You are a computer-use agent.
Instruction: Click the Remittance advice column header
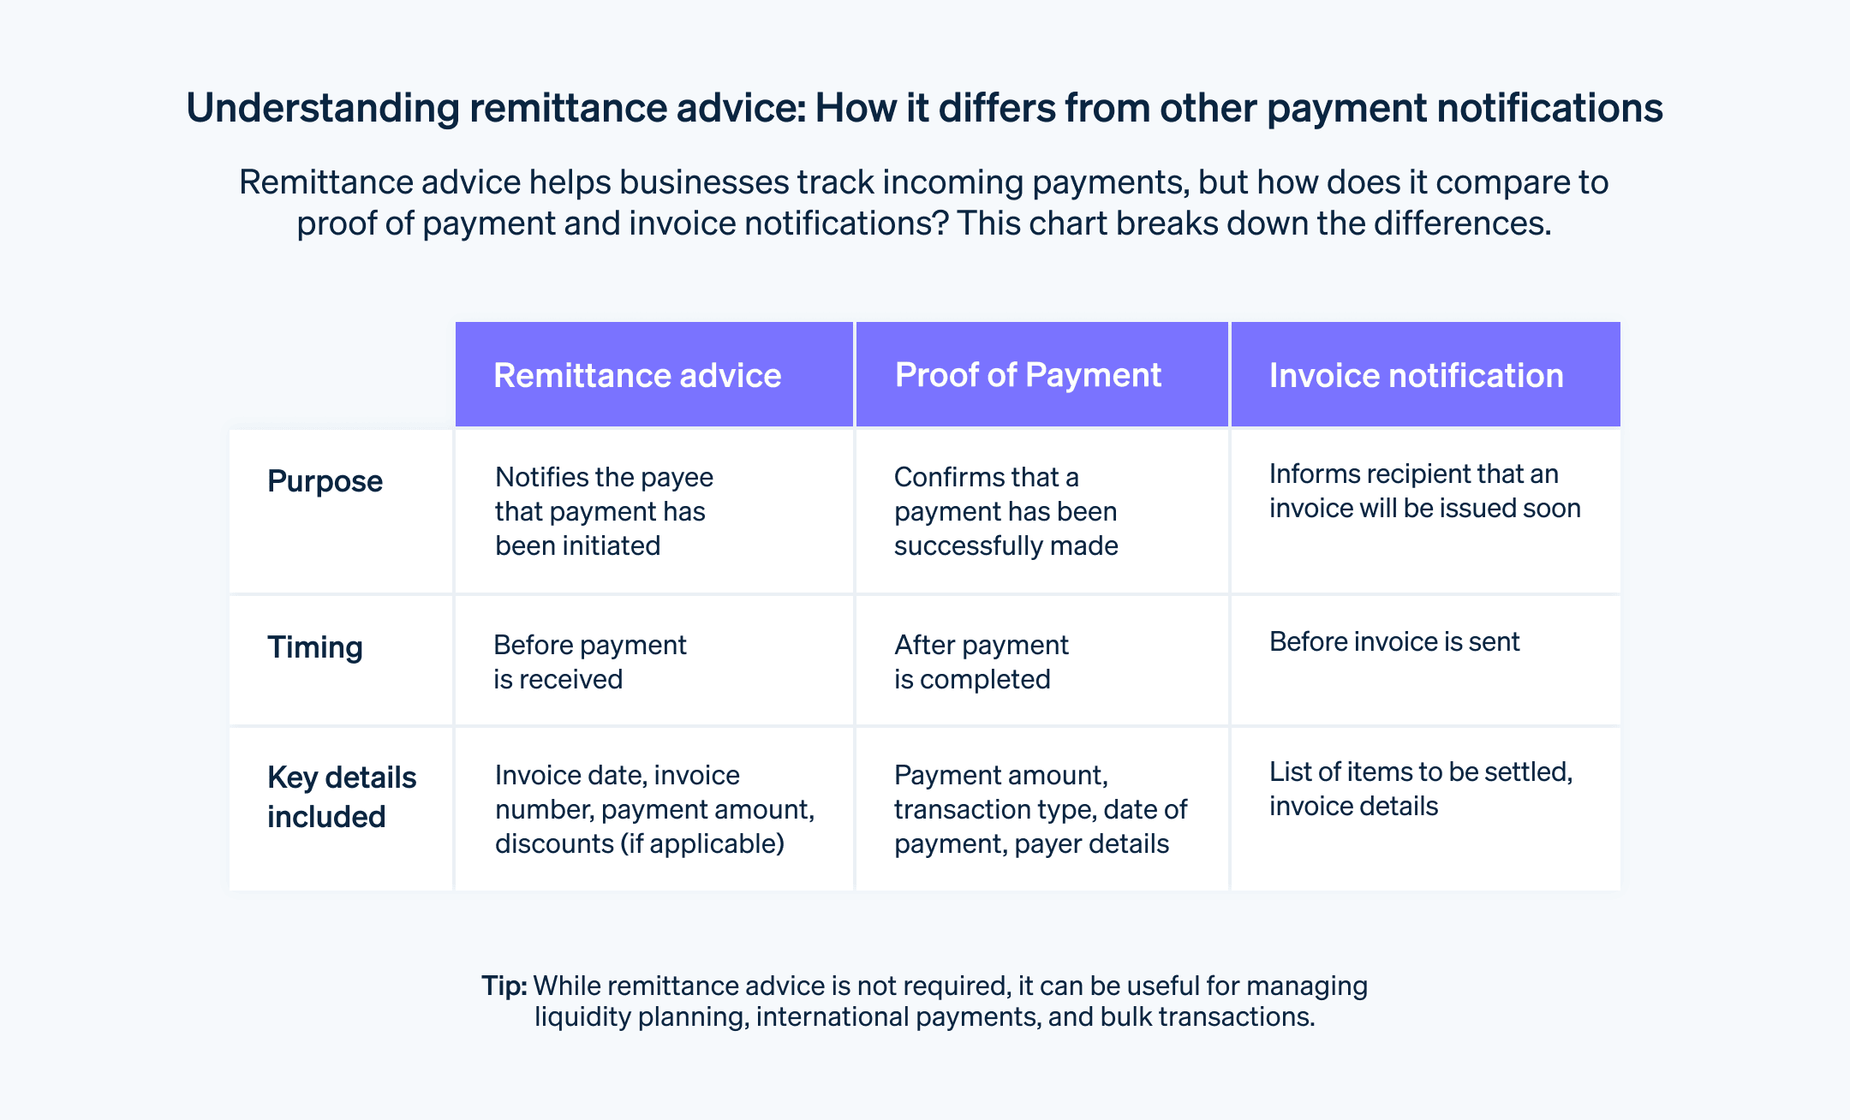point(637,376)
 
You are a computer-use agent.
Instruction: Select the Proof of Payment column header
point(1028,375)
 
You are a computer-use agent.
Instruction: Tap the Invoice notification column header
point(1416,376)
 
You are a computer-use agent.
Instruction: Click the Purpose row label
point(325,481)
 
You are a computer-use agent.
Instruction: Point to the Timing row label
point(315,647)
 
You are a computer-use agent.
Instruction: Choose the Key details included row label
point(341,797)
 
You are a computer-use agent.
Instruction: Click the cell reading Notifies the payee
point(604,511)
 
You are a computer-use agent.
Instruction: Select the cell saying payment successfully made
point(1006,511)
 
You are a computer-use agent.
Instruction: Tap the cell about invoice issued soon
point(1424,491)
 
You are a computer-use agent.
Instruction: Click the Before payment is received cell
point(589,662)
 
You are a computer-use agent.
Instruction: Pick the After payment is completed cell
point(981,662)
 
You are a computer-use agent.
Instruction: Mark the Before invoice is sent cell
point(1393,641)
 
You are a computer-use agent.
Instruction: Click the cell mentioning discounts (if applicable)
point(654,809)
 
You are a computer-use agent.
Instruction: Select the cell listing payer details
point(1040,809)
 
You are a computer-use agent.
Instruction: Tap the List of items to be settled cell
point(1420,789)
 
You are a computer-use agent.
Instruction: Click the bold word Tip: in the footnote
point(504,986)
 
